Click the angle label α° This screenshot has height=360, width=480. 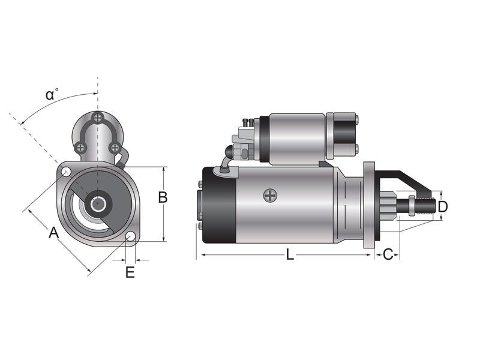pyautogui.click(x=52, y=94)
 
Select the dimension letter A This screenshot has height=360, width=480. pyautogui.click(x=54, y=232)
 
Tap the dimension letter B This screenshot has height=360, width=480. pyautogui.click(x=163, y=197)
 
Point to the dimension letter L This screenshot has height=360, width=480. pyautogui.click(x=290, y=254)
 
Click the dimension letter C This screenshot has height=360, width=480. pyautogui.click(x=388, y=254)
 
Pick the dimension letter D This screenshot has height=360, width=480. pyautogui.click(x=443, y=207)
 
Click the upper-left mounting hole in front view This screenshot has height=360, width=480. pyautogui.click(x=66, y=173)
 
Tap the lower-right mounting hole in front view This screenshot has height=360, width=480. pyautogui.click(x=130, y=236)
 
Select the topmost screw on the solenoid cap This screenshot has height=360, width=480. pyautogui.click(x=98, y=118)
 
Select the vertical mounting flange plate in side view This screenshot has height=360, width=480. pyautogui.click(x=369, y=204)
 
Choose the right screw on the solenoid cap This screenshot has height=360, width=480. pyautogui.click(x=114, y=147)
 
